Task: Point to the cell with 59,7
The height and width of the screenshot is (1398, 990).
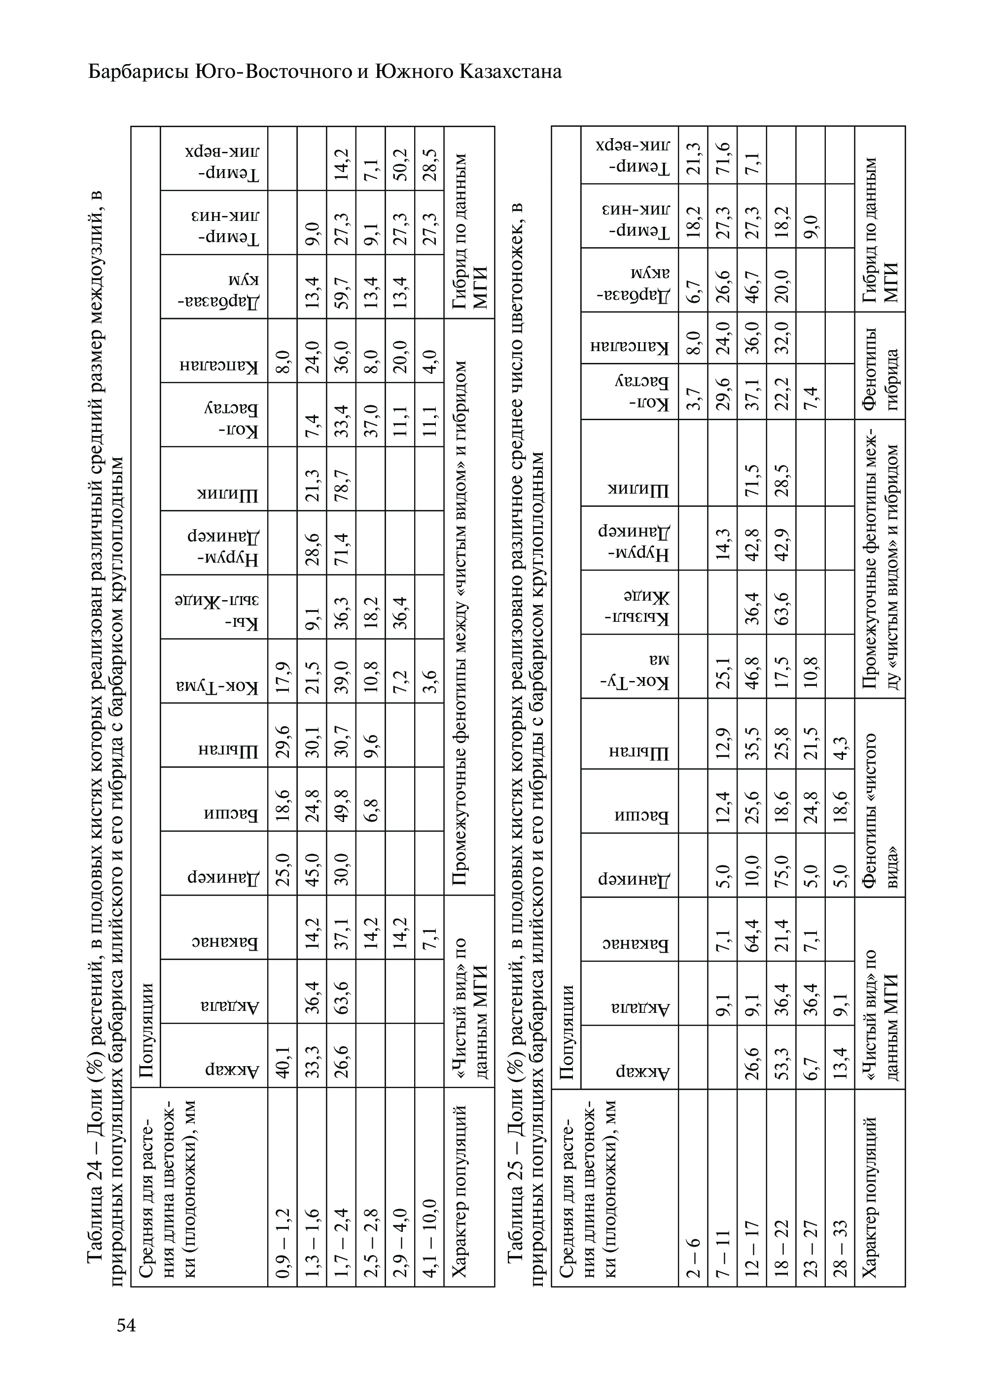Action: pos(341,286)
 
